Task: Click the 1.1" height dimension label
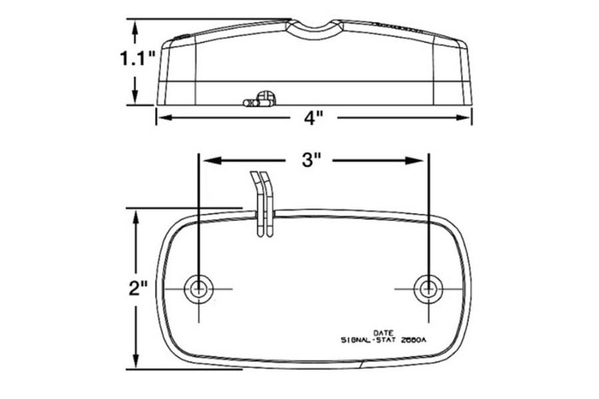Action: point(137,59)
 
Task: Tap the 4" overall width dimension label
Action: point(313,118)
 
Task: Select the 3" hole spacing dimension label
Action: point(311,160)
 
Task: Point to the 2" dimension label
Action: point(138,289)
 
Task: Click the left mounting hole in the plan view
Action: point(198,289)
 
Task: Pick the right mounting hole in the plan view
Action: point(428,289)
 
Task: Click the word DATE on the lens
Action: point(383,332)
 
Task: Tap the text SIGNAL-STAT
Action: point(366,340)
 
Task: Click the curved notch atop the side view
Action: point(315,26)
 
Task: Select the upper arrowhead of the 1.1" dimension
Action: point(136,26)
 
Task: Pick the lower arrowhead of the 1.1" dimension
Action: point(136,98)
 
